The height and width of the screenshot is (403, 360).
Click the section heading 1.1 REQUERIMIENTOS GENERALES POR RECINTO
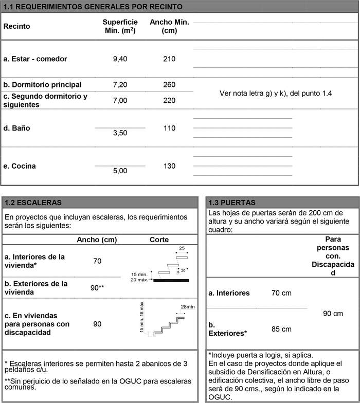tap(93, 7)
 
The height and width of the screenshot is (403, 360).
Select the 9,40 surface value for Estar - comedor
tap(120, 59)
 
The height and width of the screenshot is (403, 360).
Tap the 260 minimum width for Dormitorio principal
tap(169, 84)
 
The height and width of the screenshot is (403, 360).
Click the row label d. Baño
tap(16, 128)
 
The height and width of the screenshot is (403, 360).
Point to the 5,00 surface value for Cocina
tap(120, 171)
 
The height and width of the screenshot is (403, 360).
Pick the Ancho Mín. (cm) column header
tap(169, 26)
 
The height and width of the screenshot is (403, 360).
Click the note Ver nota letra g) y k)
tap(276, 93)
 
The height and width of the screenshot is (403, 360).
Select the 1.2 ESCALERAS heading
tap(32, 203)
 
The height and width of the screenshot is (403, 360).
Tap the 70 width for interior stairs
tap(97, 261)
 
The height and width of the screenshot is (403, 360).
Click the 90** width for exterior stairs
tap(97, 287)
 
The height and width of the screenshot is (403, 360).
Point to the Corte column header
tap(159, 240)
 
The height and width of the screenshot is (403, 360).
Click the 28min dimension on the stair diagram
tap(188, 307)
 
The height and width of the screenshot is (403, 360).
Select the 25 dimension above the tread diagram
tap(182, 248)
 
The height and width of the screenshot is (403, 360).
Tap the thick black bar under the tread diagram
tap(171, 280)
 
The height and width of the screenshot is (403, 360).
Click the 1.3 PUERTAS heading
tap(232, 203)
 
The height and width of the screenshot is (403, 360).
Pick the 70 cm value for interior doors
tap(281, 293)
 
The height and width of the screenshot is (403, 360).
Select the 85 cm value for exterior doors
tap(281, 329)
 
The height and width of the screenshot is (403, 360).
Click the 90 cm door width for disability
tap(333, 314)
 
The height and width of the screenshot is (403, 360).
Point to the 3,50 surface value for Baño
tap(120, 133)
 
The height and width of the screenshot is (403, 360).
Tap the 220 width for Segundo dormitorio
tap(169, 100)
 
